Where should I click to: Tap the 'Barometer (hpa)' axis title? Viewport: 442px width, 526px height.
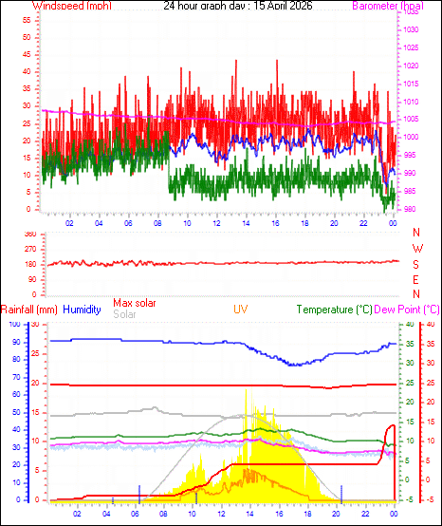coord(386,6)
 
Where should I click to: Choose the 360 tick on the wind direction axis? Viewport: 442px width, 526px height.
coord(29,234)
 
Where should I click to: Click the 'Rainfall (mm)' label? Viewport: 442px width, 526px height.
coord(29,310)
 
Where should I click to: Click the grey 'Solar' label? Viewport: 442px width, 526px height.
coord(124,313)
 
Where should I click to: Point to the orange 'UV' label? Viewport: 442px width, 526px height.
coord(242,310)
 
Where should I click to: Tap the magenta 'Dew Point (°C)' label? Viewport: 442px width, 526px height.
coord(408,310)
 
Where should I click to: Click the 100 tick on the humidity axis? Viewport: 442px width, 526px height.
coord(13,325)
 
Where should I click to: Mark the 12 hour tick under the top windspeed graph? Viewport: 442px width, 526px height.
coord(216,223)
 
